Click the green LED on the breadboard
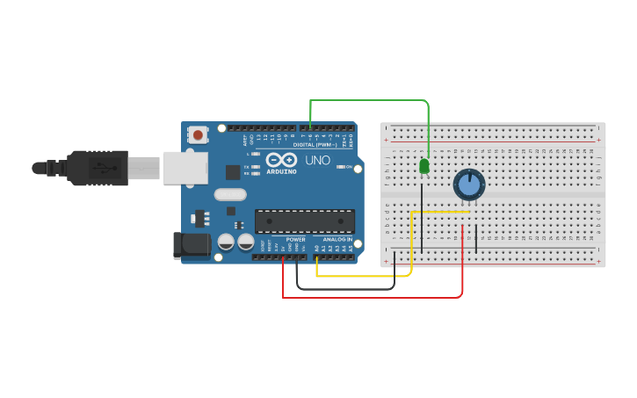424,165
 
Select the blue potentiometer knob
468,185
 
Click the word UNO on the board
317,161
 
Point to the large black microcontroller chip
304,221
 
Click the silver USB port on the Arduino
184,167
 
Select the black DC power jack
192,245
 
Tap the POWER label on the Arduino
295,239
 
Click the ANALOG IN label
337,239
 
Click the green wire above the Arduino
369,101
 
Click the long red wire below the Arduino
373,297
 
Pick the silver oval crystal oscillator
230,196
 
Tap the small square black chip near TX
233,172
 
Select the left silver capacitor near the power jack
226,241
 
